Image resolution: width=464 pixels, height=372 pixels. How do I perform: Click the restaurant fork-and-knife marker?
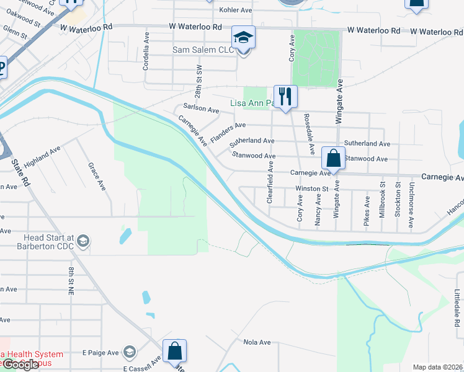point(285,96)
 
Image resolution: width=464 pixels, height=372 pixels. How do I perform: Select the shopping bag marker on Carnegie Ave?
point(333,158)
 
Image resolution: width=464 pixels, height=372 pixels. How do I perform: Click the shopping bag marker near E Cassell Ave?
point(175,351)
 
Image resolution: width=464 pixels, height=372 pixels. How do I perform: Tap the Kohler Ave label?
point(237,11)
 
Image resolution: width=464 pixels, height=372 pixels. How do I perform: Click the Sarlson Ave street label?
point(201,110)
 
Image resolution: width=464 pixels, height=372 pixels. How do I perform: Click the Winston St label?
point(311,188)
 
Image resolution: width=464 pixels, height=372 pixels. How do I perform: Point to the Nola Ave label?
point(257,342)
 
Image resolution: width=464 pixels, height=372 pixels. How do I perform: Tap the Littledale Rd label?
point(456,308)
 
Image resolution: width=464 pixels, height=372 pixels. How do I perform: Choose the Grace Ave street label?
point(92,175)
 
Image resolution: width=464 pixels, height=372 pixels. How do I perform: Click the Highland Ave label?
point(42,159)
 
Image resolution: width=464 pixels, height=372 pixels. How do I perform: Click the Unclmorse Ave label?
point(411,205)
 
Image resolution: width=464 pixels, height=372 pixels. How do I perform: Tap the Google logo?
point(20,365)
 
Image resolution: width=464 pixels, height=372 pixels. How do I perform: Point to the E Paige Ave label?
point(100,353)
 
